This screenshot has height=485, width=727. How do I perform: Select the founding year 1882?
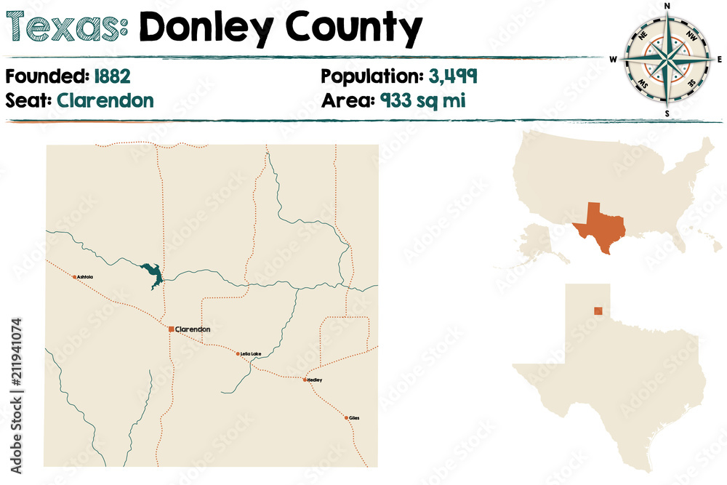(x=111, y=76)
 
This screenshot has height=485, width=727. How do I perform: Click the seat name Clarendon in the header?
(x=105, y=100)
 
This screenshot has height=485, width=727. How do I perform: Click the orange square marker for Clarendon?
(x=171, y=329)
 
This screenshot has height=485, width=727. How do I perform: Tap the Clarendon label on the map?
(x=193, y=329)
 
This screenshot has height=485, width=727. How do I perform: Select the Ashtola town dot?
(x=74, y=277)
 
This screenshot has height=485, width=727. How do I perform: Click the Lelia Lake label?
(x=251, y=354)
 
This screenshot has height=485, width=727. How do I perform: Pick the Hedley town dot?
(x=305, y=380)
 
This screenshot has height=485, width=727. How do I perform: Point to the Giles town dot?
(x=346, y=417)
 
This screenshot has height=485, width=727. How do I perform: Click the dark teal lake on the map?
(x=153, y=274)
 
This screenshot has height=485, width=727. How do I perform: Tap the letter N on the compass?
(x=667, y=6)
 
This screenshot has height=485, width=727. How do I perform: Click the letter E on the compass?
(x=719, y=59)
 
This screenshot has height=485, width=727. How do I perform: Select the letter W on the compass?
(x=614, y=59)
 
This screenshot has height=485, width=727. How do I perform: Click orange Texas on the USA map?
(x=599, y=225)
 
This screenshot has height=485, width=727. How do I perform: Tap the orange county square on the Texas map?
(x=598, y=311)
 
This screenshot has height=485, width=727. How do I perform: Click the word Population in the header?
(x=367, y=76)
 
